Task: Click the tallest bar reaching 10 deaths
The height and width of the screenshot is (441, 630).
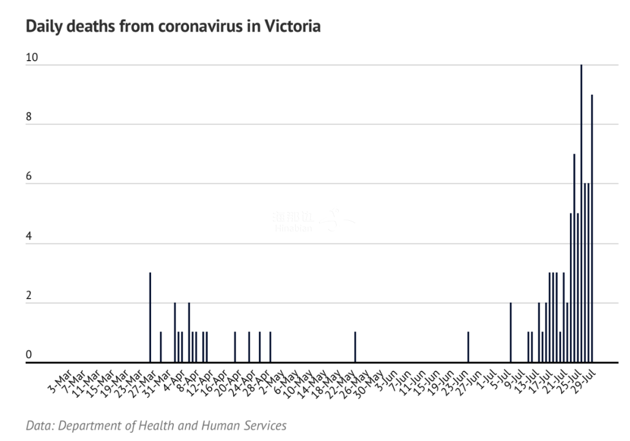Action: tap(581, 213)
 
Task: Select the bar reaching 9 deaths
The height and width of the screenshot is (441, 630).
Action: tap(591, 228)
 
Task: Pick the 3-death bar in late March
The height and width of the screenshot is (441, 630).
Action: tap(150, 317)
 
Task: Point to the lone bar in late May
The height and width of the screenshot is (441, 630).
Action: tap(355, 347)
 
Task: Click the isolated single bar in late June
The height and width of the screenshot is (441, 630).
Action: tap(468, 347)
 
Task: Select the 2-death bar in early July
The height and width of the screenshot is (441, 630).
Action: tap(510, 332)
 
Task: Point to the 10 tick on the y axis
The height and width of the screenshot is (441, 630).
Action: tap(32, 57)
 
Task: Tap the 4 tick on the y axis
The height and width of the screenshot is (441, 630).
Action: tap(29, 236)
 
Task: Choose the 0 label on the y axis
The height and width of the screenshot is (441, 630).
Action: tap(29, 355)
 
